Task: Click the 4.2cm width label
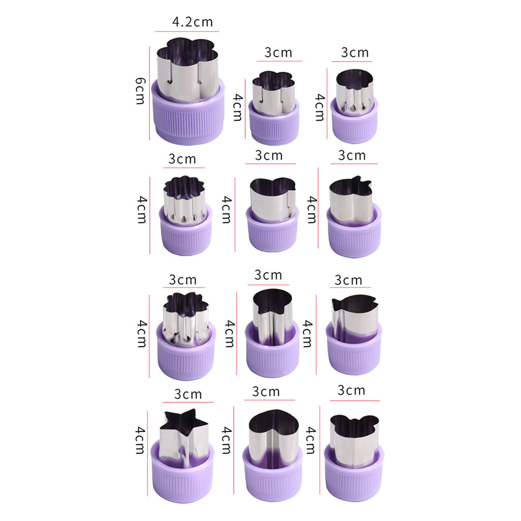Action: (192, 22)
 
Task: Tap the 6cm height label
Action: (140, 91)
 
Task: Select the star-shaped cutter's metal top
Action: (184, 437)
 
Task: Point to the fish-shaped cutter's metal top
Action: (355, 318)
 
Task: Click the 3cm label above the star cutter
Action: (188, 395)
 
